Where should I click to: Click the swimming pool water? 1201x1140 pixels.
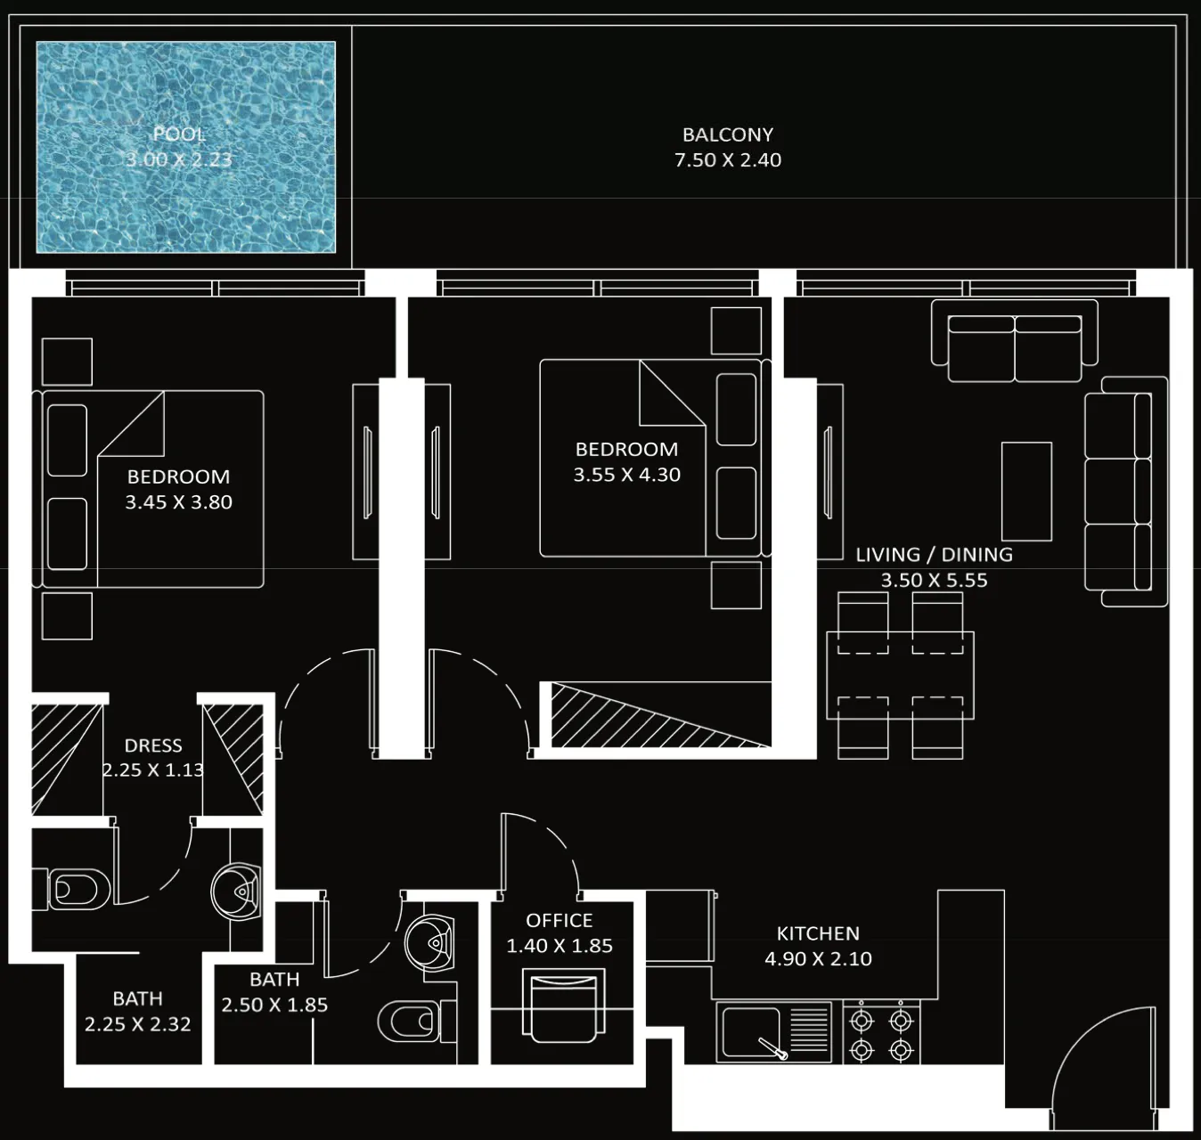185,147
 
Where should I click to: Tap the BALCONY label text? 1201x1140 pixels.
728,134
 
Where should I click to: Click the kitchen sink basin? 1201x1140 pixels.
751,1032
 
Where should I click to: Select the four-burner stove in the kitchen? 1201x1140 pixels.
881,1032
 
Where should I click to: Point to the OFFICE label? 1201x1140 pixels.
559,920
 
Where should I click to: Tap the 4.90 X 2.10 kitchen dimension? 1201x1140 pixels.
818,958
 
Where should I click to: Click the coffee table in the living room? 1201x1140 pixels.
1026,492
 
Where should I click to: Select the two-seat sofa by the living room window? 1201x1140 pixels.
1015,341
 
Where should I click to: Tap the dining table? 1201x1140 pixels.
900,675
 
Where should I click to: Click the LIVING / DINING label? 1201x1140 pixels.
934,555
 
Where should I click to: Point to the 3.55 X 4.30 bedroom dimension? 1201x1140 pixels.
626,475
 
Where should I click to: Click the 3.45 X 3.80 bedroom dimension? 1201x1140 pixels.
178,502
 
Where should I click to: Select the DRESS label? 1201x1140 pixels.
152,745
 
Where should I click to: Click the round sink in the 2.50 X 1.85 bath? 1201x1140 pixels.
429,943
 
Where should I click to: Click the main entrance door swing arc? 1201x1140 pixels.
1086,1032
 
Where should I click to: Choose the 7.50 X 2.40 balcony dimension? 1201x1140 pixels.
728,160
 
